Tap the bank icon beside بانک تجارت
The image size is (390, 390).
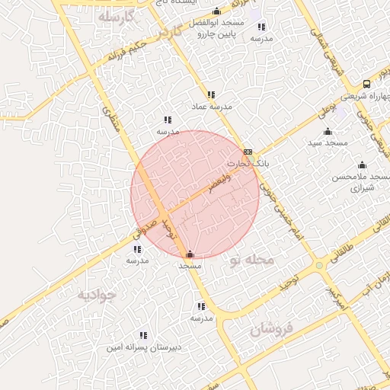248,152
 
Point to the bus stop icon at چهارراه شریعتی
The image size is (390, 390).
367,84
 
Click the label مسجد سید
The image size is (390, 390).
328,143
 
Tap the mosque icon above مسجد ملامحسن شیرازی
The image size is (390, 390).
362,165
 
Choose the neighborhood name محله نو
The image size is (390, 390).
251,261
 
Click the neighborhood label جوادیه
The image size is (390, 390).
96,294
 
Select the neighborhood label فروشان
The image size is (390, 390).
271,329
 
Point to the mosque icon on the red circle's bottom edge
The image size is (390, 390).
190,254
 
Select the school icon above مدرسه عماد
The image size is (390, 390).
211,94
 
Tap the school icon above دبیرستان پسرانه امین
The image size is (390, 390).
143,335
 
